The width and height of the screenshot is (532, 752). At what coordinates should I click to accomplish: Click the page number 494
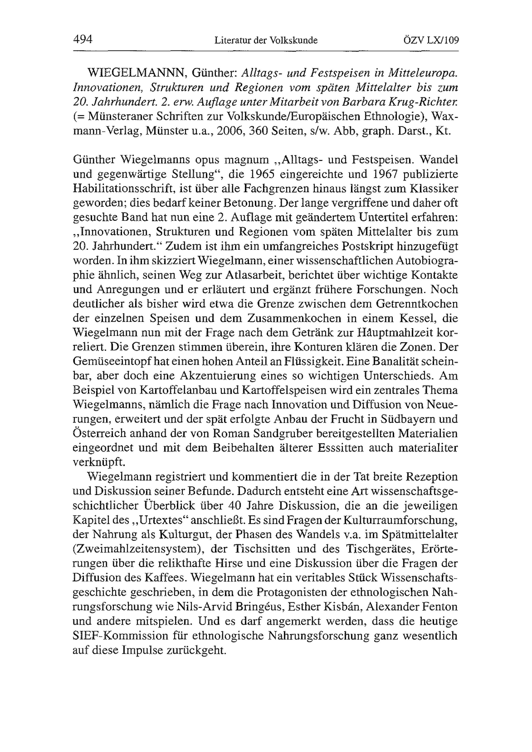click(x=83, y=40)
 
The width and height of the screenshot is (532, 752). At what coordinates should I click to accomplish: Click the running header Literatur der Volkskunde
click(x=266, y=40)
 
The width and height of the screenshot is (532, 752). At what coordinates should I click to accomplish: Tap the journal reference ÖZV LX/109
click(x=431, y=40)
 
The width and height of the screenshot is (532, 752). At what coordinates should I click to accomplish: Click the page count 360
click(x=260, y=131)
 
